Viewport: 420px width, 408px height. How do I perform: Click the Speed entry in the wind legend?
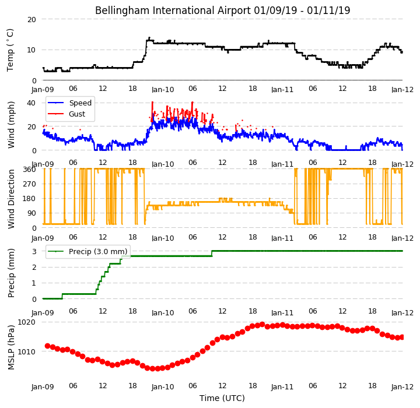point(80,103)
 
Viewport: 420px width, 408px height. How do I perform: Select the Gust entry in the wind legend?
point(77,114)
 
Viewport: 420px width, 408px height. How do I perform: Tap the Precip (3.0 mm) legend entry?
point(98,252)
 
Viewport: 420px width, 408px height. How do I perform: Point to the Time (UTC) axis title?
point(222,398)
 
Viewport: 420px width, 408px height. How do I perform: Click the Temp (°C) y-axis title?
point(10,50)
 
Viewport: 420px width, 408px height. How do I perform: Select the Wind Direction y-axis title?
point(11,199)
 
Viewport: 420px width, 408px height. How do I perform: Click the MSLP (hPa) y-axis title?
point(11,347)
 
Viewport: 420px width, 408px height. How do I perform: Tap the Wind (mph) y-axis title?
point(11,125)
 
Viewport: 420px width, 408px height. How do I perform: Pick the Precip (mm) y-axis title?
point(11,273)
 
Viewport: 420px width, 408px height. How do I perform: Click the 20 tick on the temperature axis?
point(32,20)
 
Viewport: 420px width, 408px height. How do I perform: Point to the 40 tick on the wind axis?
point(31,103)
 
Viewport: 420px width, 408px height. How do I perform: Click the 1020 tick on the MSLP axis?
point(26,322)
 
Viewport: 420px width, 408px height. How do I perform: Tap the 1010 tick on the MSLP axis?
point(26,351)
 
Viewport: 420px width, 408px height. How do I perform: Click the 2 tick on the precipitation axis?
point(34,268)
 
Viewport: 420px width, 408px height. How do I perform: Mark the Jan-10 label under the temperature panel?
point(163,90)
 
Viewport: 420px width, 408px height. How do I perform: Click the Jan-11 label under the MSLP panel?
point(282,387)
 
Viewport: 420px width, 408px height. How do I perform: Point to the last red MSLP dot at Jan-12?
point(402,337)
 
